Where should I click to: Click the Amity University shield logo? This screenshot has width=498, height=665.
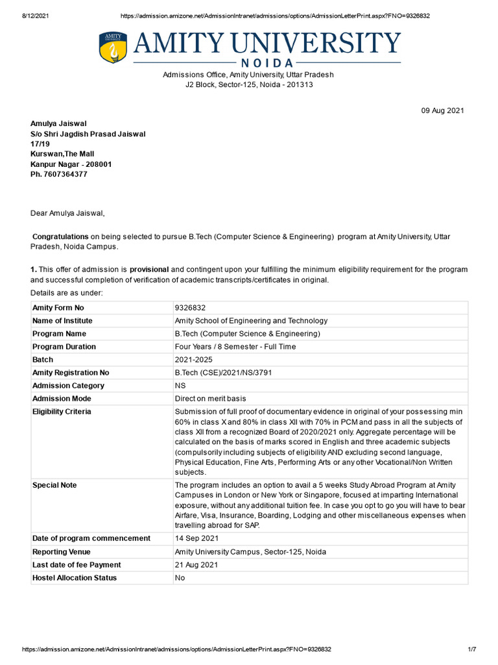[113, 47]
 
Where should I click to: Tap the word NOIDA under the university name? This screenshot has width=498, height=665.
[266, 64]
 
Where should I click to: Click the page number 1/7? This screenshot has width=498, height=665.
[472, 649]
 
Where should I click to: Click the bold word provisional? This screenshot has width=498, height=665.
[149, 269]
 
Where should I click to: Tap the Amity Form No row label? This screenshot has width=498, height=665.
[58, 308]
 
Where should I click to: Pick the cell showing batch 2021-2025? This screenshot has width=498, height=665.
[193, 360]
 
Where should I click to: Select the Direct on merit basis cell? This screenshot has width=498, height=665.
[210, 399]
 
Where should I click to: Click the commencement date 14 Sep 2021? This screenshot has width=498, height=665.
[196, 538]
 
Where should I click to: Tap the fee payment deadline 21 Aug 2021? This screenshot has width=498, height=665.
[196, 564]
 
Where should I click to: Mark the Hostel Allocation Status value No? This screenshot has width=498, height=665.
[180, 577]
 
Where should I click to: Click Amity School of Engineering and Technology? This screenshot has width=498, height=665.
[251, 321]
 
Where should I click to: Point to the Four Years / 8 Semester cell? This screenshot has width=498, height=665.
[235, 347]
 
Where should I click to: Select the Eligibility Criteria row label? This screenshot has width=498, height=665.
[62, 412]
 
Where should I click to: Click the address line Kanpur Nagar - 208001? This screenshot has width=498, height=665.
[71, 164]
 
